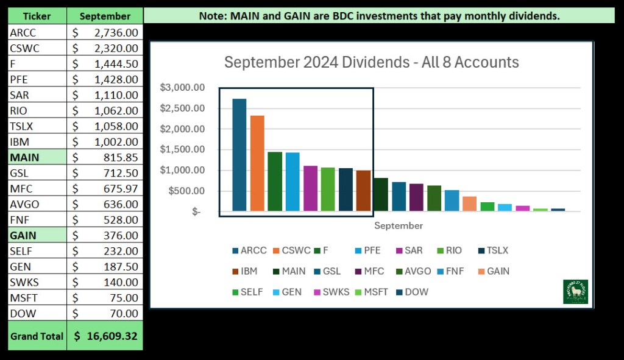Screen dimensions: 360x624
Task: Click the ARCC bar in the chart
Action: (x=239, y=155)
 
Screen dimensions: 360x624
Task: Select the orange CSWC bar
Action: (x=257, y=164)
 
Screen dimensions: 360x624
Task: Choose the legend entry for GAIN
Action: (x=492, y=271)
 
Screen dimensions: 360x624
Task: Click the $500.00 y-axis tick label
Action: (x=187, y=191)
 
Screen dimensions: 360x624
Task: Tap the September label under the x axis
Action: (x=398, y=225)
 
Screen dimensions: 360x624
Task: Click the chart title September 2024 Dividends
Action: (x=371, y=62)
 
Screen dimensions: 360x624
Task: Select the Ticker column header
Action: (x=36, y=16)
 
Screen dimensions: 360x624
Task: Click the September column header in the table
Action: (x=105, y=16)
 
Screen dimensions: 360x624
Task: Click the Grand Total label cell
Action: (x=36, y=336)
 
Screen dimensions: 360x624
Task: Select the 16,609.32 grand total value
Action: (x=105, y=336)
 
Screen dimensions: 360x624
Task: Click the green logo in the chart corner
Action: (x=575, y=291)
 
